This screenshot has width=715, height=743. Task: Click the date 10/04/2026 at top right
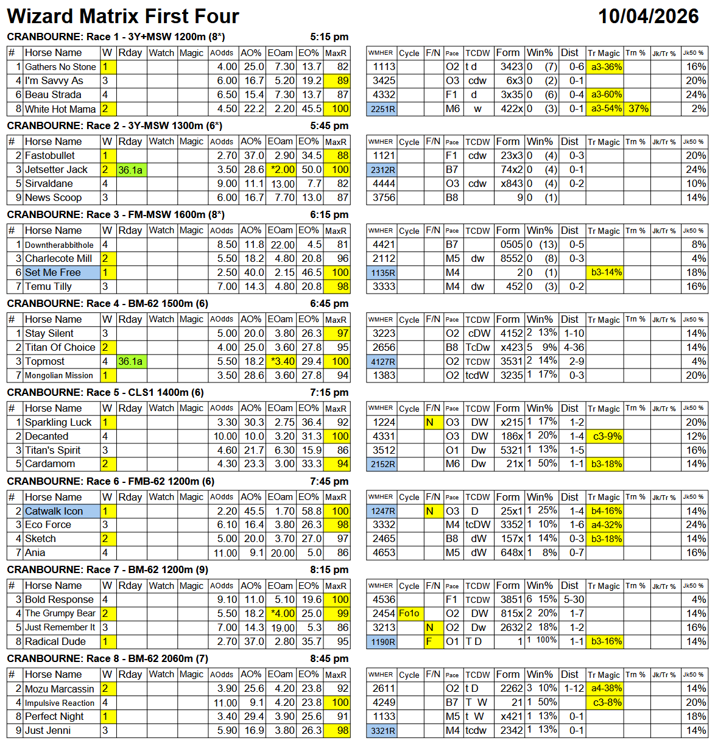click(x=648, y=16)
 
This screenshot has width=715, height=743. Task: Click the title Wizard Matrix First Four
click(x=123, y=16)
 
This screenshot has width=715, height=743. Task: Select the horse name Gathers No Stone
click(x=60, y=67)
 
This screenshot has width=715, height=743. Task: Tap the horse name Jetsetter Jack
click(x=56, y=170)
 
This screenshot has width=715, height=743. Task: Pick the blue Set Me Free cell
click(x=53, y=273)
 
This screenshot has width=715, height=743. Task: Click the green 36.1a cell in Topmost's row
click(x=130, y=362)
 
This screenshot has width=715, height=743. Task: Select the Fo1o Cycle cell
click(x=409, y=614)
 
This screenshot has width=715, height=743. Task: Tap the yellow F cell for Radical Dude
click(x=430, y=642)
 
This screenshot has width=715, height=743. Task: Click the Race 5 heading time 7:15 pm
click(x=329, y=393)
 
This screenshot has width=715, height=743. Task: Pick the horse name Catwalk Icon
click(x=54, y=512)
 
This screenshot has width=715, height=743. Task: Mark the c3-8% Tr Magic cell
click(x=606, y=703)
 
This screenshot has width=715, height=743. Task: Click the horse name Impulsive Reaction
click(x=60, y=703)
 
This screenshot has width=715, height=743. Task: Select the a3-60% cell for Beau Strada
click(x=606, y=95)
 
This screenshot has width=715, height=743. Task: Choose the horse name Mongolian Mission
click(x=59, y=376)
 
